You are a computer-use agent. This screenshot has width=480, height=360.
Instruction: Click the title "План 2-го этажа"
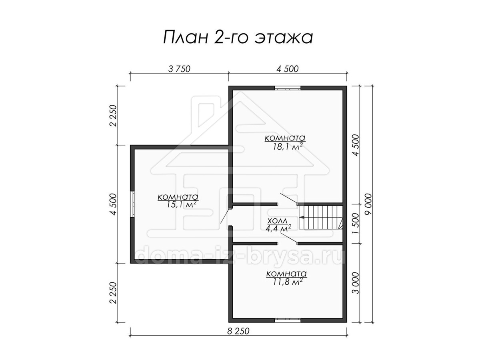(x=238, y=37)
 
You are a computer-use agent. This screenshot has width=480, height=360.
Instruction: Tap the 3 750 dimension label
(x=179, y=69)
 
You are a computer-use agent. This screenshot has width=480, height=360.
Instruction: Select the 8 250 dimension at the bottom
(x=238, y=331)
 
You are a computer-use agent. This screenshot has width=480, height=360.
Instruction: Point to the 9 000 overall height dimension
(x=368, y=204)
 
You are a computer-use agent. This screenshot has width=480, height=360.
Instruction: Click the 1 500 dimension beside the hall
(x=356, y=224)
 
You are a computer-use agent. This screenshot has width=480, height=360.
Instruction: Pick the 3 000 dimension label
(x=356, y=283)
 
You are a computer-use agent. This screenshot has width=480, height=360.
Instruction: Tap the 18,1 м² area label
(x=285, y=146)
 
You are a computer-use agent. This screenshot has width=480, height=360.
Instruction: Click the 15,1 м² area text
(x=181, y=204)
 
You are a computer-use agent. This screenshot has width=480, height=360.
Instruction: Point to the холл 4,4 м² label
(x=278, y=225)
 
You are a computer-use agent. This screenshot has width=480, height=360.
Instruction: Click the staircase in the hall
(x=321, y=217)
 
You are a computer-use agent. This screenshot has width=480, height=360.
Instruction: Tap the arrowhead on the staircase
(x=302, y=217)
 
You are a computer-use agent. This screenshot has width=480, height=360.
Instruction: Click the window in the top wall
(x=288, y=88)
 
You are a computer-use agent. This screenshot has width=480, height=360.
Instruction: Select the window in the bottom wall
(x=288, y=320)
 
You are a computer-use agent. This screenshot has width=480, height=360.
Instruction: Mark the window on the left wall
(x=132, y=204)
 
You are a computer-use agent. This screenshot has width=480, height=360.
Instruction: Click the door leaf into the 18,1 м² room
(x=289, y=198)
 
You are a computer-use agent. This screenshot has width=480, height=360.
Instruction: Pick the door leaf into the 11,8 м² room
(x=289, y=238)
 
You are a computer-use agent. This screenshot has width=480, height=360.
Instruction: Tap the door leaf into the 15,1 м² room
(x=225, y=216)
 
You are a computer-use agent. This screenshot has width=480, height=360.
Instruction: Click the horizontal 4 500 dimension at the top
(x=287, y=69)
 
